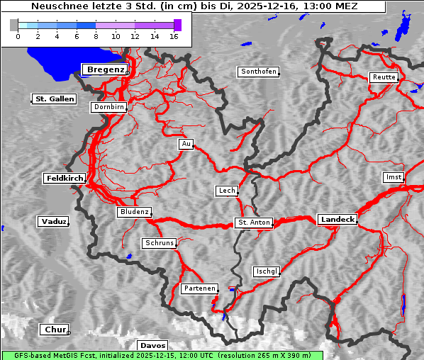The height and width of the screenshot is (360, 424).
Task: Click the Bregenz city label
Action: [106, 69]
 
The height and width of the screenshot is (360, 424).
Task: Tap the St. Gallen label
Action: [54, 99]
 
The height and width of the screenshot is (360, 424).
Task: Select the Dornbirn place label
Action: [109, 108]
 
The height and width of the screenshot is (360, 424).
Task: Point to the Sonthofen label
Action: [258, 72]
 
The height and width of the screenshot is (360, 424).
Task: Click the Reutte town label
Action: [383, 77]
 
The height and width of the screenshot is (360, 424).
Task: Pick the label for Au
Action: [186, 145]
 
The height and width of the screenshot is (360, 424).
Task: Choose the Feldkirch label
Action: [65, 179]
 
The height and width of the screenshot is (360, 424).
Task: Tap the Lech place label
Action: [226, 191]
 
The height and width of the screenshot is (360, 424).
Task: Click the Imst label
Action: [392, 176]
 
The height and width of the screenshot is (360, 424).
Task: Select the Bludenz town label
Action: [134, 212]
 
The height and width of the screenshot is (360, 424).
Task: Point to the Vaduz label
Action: [53, 222]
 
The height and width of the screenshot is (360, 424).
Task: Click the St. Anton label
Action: [253, 223]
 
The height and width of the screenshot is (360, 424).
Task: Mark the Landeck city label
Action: [337, 220]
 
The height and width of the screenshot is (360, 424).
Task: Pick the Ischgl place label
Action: [267, 271]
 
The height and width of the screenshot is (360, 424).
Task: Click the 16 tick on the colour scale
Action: [174, 35]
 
